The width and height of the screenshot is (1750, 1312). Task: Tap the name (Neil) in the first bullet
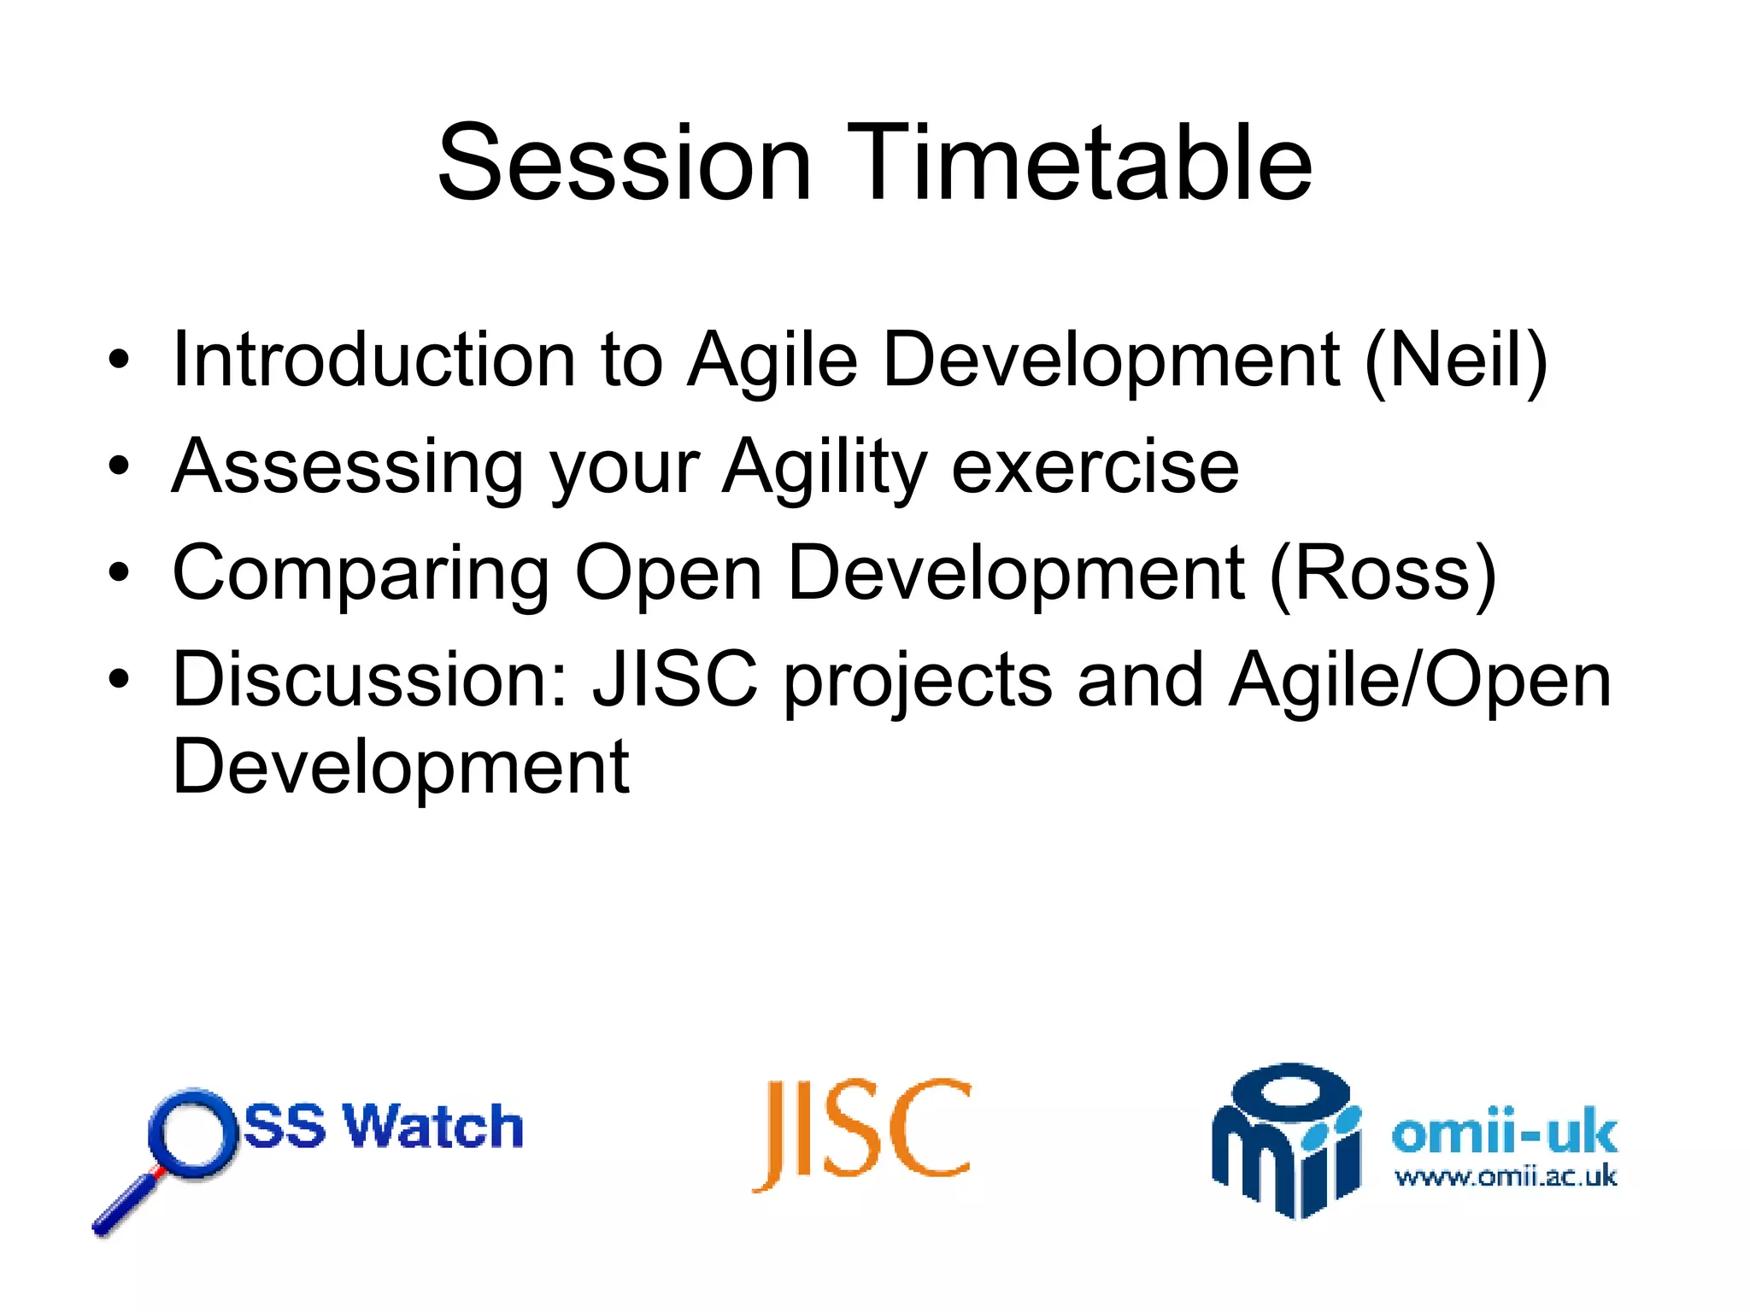point(1456,361)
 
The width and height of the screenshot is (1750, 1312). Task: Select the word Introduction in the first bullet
point(374,359)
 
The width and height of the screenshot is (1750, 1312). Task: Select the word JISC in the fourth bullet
point(676,679)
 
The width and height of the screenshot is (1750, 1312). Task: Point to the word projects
point(918,682)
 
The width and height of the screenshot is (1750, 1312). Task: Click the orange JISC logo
point(862,1133)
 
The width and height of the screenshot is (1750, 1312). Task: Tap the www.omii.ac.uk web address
point(1506,1177)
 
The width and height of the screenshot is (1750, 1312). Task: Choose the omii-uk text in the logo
point(1505,1132)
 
